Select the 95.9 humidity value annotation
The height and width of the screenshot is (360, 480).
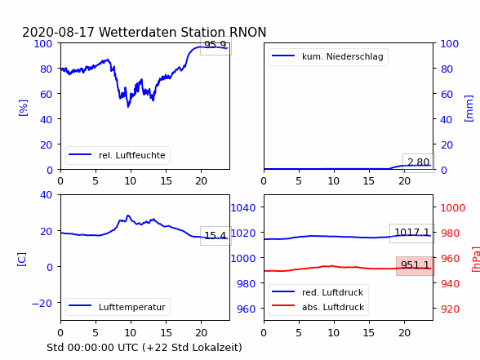click(216, 46)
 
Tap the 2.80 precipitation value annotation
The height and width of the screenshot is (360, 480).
click(419, 162)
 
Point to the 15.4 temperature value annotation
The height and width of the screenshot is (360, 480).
click(216, 236)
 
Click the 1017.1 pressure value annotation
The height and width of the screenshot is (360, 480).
click(412, 233)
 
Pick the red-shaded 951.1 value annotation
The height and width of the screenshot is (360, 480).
click(416, 265)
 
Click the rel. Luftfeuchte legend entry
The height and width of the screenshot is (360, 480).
click(118, 155)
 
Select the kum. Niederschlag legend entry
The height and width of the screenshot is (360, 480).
click(328, 56)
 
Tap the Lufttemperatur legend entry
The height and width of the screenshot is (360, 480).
click(118, 307)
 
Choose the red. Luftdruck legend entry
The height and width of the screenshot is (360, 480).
click(318, 292)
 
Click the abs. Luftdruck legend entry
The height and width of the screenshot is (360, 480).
click(318, 307)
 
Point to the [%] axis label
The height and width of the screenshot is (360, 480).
click(23, 108)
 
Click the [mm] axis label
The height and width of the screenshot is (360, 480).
click(469, 109)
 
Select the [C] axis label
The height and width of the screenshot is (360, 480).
click(21, 260)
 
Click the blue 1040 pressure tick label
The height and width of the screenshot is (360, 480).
click(243, 208)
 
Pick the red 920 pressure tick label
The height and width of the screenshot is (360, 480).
click(450, 309)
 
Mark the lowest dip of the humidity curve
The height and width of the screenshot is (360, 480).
click(128, 106)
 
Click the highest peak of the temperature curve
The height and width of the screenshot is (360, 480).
click(128, 216)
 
